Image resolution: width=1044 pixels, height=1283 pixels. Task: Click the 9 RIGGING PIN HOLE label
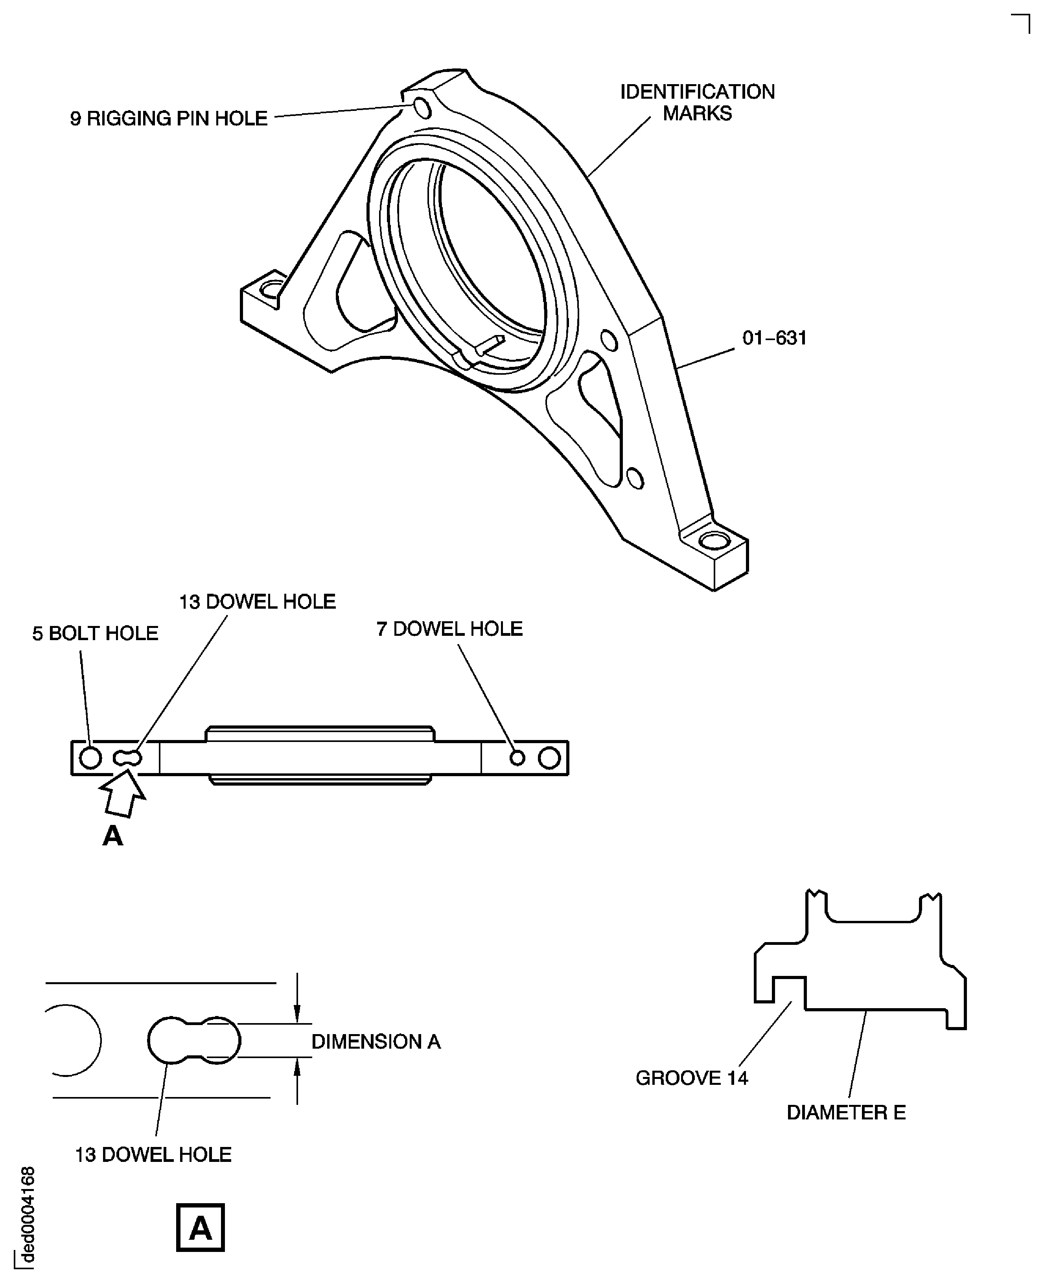click(x=168, y=118)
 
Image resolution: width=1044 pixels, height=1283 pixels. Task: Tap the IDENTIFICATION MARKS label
click(x=697, y=102)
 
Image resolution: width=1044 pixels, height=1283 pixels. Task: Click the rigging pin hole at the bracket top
click(x=423, y=109)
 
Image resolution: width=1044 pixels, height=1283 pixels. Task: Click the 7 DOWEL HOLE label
click(x=449, y=629)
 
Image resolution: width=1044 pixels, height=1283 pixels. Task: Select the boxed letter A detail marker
click(x=200, y=1228)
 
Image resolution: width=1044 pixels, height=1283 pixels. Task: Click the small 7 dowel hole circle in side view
click(x=517, y=758)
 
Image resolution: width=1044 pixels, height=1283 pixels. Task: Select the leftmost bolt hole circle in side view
click(x=90, y=758)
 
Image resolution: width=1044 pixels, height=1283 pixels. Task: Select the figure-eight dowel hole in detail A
click(x=193, y=1040)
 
